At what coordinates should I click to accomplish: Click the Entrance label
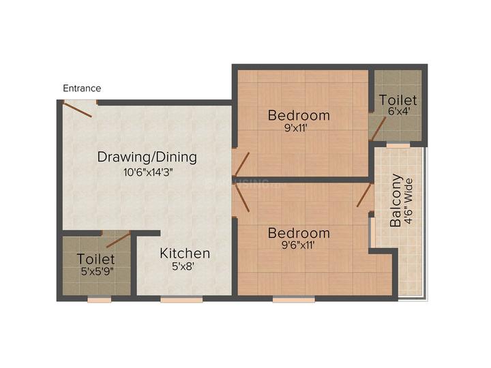coord(82,88)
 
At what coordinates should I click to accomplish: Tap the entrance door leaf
coord(78,109)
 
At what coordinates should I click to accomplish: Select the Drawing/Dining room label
coord(147,157)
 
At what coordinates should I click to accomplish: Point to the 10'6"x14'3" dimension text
coord(149,172)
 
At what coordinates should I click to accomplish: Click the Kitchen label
coord(185,254)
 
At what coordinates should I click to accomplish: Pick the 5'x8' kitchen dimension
coord(183,266)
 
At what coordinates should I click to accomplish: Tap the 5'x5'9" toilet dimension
coord(97,271)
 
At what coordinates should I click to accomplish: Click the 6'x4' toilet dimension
coord(399,111)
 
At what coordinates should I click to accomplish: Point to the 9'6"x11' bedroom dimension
coord(298,245)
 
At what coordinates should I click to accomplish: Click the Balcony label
coord(396,200)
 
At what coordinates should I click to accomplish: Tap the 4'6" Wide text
coord(408,202)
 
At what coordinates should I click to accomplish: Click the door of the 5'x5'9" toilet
coord(119,240)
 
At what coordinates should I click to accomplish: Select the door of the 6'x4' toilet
coord(378,129)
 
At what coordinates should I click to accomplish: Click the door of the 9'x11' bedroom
coord(242,165)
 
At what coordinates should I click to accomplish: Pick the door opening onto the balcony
coord(363,196)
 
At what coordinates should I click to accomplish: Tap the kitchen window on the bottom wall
coord(181,300)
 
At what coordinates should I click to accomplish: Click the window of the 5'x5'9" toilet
coord(100,300)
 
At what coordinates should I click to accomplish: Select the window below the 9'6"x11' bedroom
coord(294,300)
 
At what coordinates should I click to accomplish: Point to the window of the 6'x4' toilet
coord(398,145)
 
